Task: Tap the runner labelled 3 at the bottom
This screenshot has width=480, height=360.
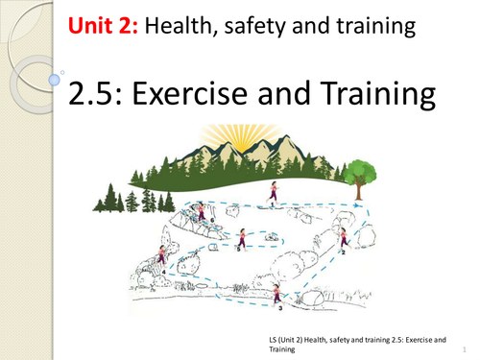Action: pos(277,294)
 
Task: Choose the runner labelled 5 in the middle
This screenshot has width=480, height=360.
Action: pos(243,238)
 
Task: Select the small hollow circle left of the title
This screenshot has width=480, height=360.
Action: pos(62,71)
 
